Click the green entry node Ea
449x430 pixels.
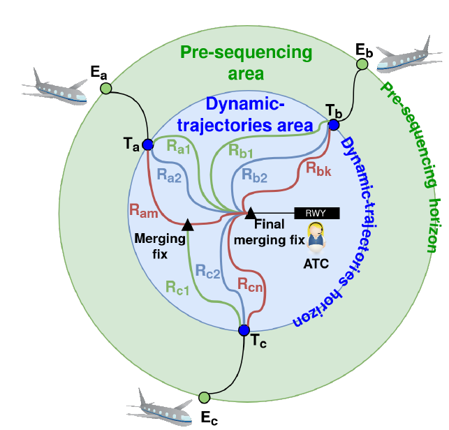106,88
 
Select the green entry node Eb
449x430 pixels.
362,64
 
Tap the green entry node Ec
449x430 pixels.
204,397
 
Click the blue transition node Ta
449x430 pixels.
148,144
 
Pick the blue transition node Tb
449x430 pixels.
334,125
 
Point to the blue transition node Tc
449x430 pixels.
244,330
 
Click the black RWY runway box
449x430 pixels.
317,214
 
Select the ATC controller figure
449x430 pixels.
316,238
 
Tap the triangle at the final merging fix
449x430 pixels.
251,214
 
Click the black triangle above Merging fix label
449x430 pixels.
188,225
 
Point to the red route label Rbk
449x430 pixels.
318,169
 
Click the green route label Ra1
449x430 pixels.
178,147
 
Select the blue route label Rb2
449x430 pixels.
254,175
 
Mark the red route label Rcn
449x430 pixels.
250,285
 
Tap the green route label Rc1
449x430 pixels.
177,288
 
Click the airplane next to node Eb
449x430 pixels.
408,55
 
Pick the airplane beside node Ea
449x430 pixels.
54,87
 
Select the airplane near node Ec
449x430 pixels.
159,406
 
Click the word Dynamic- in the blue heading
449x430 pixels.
245,103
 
